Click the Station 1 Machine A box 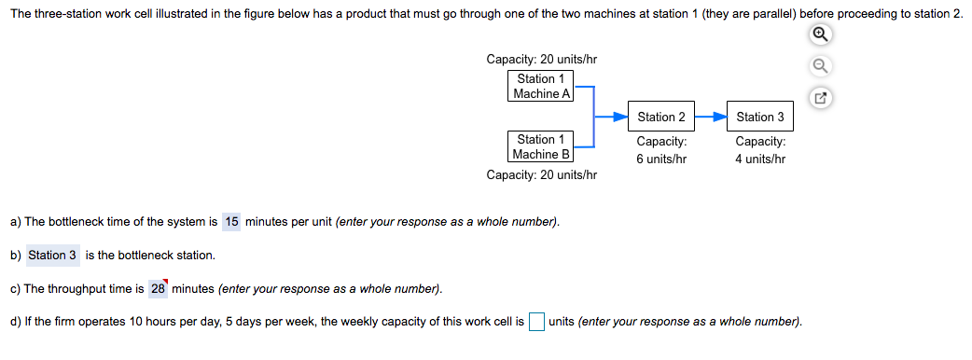pos(541,86)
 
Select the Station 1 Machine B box pos(541,146)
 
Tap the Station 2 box pos(661,117)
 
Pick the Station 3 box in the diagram pos(760,117)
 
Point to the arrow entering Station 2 pos(613,117)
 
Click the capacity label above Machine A pos(542,60)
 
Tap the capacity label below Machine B pos(542,174)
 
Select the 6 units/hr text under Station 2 pos(661,159)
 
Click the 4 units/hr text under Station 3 pos(760,159)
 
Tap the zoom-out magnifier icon pos(820,65)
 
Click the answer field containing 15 pos(231,221)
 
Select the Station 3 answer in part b pos(52,255)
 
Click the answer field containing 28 pos(158,288)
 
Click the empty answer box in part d pos(536,322)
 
